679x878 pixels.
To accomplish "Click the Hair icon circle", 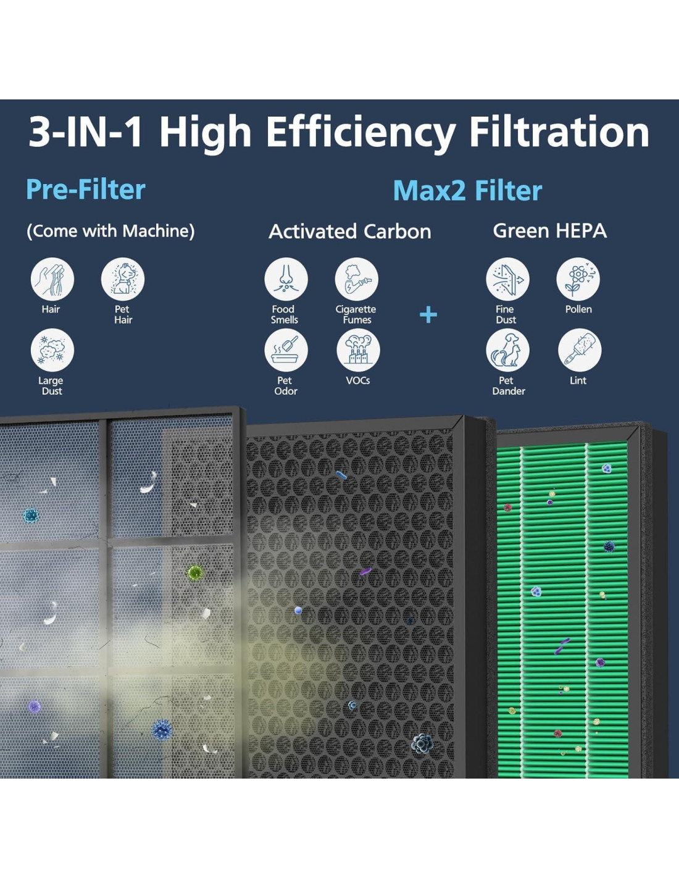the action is point(52,279).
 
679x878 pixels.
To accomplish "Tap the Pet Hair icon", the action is point(123,279).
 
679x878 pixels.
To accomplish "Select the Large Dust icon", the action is point(52,350).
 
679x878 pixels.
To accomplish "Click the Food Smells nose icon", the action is point(286,279).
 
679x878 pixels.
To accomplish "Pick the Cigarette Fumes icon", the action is point(357,279).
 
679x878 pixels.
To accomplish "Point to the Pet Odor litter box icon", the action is point(286,350).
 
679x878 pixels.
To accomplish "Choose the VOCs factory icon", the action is point(358,350).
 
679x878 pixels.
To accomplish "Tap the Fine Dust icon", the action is point(508,279).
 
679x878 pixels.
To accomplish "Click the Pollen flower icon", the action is point(578,279).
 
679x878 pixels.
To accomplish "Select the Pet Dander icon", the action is point(508,350).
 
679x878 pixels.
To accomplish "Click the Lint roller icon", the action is point(580,350).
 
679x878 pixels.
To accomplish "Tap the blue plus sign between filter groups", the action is point(428,315).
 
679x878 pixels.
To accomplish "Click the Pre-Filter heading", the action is point(86,189).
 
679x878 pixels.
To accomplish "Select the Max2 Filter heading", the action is point(468,190).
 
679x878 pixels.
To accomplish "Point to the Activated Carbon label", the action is point(350,232).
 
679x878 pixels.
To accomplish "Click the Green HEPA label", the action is point(550,231).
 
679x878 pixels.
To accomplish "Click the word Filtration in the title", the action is point(559,132).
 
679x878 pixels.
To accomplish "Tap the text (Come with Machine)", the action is point(110,231).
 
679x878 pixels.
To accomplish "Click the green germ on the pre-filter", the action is point(194,572).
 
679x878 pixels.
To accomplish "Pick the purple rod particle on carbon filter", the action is point(365,571).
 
